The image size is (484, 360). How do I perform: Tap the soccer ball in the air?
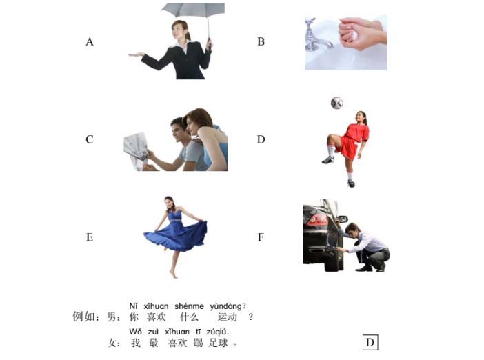coord(336,103)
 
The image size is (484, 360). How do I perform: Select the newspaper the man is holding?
coord(136,150)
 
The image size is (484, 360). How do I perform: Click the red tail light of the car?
coord(317,220)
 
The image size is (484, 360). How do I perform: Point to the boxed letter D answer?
coord(370,342)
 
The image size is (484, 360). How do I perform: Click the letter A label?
coord(90,41)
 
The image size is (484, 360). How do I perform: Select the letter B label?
coord(261,41)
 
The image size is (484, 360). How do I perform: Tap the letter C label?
coord(90,139)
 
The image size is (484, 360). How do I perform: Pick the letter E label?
coord(90,237)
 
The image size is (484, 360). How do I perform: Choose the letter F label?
coord(261,237)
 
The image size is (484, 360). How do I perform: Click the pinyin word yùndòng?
coord(226,306)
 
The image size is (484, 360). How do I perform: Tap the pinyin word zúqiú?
coord(217,332)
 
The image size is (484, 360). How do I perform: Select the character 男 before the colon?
coord(112,317)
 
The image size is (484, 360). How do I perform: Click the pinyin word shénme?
coord(189,306)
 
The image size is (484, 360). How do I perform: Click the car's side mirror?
coord(343,219)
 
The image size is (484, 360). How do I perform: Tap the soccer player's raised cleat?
coord(327,160)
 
